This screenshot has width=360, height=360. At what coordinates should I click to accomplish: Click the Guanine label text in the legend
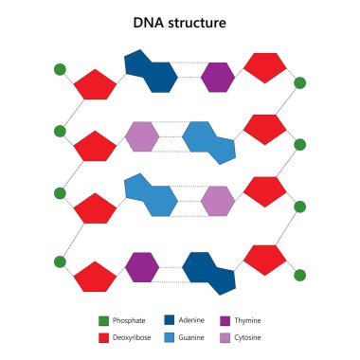click(x=193, y=337)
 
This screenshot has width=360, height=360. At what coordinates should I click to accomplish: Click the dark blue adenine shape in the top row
click(x=151, y=72)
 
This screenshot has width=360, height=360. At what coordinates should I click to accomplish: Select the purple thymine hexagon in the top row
click(x=218, y=77)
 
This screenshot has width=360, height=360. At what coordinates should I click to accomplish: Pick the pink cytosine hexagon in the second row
click(x=142, y=136)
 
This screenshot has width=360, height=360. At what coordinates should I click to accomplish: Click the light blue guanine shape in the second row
click(x=211, y=141)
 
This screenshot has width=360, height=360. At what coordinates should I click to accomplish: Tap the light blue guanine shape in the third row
click(x=151, y=195)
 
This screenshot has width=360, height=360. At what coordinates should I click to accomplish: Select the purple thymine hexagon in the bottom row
click(x=142, y=267)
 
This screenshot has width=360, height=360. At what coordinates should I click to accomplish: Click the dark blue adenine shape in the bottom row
click(x=211, y=271)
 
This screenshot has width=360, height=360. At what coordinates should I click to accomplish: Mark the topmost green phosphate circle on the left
click(x=60, y=69)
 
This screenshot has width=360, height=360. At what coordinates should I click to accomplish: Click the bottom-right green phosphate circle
click(x=299, y=275)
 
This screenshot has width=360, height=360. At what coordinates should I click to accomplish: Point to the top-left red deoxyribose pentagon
click(x=95, y=84)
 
